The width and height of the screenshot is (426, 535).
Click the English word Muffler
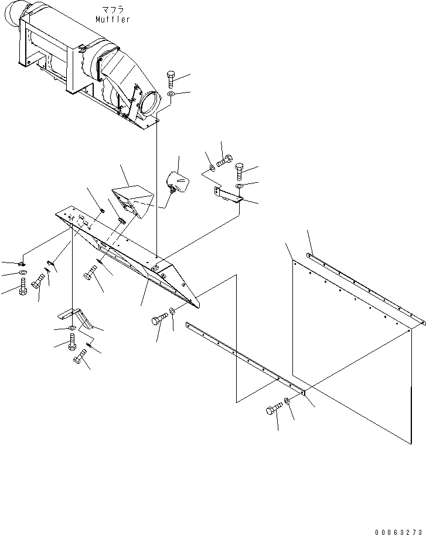click(x=113, y=19)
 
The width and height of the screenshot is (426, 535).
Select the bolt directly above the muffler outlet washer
click(x=170, y=77)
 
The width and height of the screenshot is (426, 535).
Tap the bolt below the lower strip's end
click(x=273, y=410)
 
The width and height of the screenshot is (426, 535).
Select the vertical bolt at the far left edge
click(x=22, y=287)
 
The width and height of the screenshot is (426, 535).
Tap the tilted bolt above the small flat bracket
click(x=223, y=161)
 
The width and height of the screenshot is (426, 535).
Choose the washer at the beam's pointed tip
click(x=172, y=311)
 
